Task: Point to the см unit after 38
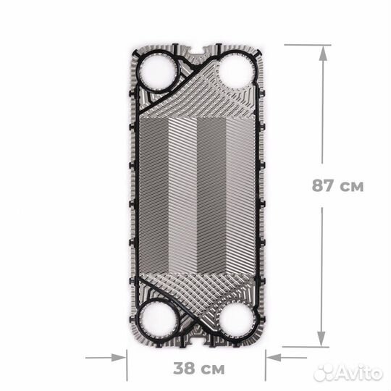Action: pos(211,370)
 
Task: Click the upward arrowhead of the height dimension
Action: pos(321,50)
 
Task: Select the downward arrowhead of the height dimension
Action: pos(321,338)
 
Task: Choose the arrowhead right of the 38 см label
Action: pos(272,356)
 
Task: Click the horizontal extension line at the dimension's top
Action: pos(307,45)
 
